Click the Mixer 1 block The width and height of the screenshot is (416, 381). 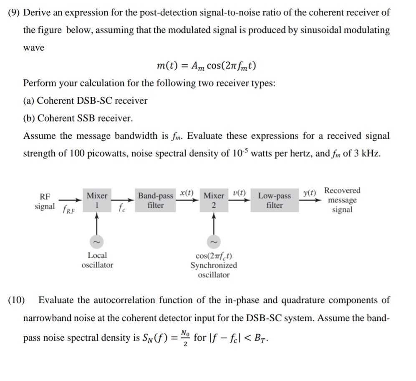[x=97, y=200]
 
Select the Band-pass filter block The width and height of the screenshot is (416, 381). [x=156, y=200]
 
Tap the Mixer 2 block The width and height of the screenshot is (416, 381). [x=214, y=200]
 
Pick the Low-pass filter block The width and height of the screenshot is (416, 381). [x=275, y=200]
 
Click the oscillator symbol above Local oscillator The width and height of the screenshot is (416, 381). [x=97, y=241]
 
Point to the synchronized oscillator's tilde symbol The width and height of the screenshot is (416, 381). [x=214, y=241]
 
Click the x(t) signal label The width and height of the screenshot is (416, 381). [x=187, y=193]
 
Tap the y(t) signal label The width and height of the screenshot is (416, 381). [x=309, y=193]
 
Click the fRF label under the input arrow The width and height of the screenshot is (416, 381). [x=68, y=210]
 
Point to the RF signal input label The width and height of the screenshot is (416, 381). [x=45, y=201]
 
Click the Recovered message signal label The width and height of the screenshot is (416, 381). [x=342, y=200]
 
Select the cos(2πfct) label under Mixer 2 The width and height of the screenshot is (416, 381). [x=214, y=256]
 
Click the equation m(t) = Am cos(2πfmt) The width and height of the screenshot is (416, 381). [x=206, y=66]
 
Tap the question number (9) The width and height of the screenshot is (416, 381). [x=14, y=12]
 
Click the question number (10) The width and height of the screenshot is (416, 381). [x=16, y=300]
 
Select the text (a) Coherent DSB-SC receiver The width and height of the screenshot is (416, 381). [x=85, y=101]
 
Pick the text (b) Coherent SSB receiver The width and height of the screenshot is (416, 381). [x=78, y=118]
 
